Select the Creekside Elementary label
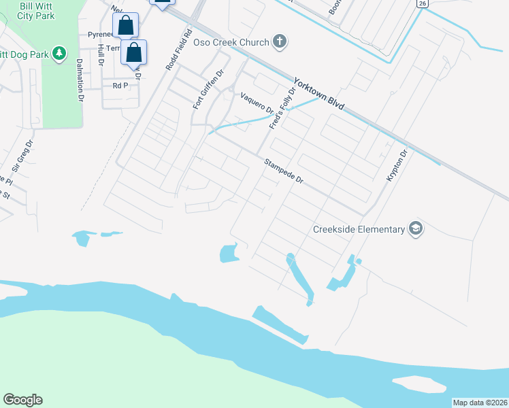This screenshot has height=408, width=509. point(359,229)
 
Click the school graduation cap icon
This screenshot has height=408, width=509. point(415,229)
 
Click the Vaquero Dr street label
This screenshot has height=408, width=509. point(257,103)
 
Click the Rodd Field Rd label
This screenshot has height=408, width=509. point(179,50)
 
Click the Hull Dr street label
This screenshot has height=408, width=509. point(100,54)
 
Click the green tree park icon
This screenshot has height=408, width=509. point(59,52)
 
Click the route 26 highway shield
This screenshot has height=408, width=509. point(423,3)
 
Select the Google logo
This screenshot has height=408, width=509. point(22,400)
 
